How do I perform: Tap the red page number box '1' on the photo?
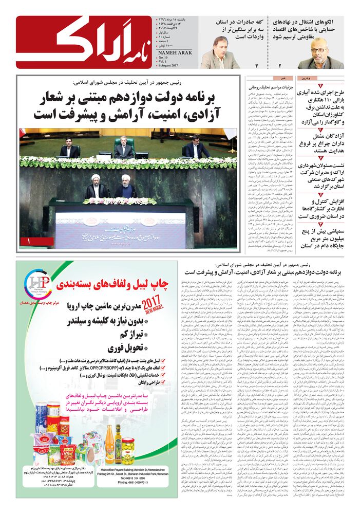pyautogui.click(x=30, y=241)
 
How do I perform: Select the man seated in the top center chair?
pyautogui.click(x=123, y=149)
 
